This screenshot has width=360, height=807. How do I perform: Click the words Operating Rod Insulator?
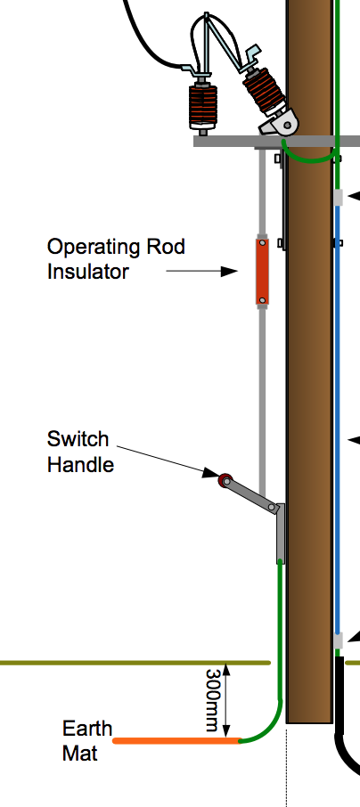116,258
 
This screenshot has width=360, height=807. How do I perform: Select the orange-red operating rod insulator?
263,272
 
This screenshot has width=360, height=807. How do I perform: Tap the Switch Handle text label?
80,451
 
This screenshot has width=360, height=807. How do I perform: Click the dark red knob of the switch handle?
225,481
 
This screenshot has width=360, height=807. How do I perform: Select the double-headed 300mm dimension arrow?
229,700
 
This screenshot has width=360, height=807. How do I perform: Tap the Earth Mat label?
86,740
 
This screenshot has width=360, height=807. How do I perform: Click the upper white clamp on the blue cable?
339,197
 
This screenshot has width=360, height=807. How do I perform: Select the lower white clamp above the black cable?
339,640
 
